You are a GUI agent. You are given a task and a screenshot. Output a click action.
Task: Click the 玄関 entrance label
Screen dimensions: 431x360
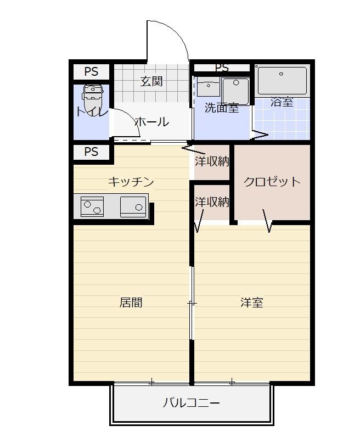tap(151, 81)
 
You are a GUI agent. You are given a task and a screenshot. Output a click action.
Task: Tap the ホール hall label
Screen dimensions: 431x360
tap(151, 122)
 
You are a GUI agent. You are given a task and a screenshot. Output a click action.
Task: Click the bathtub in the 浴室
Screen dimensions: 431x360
tap(282, 81)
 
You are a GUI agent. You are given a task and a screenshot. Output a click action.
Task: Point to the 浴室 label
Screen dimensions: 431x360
tap(282, 102)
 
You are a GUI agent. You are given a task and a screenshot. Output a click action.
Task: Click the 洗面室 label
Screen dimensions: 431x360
tap(221, 108)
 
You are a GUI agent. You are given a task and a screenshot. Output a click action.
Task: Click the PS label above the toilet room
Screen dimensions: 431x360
tap(91, 71)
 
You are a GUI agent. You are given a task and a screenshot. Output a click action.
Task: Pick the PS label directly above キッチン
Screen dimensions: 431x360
tap(91, 152)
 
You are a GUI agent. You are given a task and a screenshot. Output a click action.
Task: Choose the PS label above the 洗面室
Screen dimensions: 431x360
tap(222, 68)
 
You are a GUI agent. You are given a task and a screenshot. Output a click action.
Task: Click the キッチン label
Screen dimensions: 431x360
tap(131, 182)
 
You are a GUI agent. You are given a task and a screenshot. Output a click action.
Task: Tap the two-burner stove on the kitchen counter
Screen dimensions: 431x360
tap(92, 206)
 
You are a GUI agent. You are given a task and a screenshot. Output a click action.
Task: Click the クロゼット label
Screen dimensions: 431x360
tap(272, 182)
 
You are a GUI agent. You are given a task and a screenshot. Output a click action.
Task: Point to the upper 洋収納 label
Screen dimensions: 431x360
tap(212, 161)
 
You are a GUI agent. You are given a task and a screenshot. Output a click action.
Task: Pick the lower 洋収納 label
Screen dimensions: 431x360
tap(212, 201)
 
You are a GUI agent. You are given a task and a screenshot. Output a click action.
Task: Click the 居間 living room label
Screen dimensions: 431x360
tap(131, 302)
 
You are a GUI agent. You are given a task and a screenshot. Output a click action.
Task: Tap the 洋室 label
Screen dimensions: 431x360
tap(251, 302)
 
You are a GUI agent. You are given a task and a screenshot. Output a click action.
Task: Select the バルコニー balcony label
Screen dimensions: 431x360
tap(191, 404)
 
